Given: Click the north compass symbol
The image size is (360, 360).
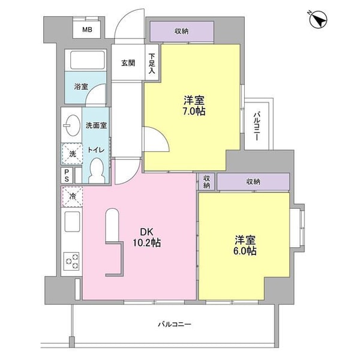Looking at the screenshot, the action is click(318, 20).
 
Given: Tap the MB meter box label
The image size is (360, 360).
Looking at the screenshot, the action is click(87, 29).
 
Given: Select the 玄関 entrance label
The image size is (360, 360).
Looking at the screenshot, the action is click(128, 62).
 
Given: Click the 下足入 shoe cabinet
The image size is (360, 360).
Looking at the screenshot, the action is click(152, 62).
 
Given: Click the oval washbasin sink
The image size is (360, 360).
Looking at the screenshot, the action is click(73, 125).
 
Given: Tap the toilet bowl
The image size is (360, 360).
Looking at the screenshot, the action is click(97, 170).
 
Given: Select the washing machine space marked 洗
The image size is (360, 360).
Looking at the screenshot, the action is click(73, 154).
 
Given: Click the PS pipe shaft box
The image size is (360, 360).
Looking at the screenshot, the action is click(67, 175).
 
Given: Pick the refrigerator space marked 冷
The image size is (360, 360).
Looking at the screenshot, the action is click(72, 197).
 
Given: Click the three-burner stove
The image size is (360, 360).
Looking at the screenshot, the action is click(71, 261).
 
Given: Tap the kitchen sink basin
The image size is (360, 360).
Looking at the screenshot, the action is click(72, 221).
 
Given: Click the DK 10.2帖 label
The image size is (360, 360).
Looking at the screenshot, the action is click(147, 238).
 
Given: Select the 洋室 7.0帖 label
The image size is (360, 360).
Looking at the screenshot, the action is click(194, 106).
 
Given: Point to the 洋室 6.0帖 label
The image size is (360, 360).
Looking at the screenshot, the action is click(245, 245).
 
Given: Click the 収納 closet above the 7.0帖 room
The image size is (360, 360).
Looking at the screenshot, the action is click(182, 31).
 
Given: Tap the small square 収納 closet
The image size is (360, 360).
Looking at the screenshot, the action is click(206, 182).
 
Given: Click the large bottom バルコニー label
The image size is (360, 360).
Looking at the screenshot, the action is click(175, 325).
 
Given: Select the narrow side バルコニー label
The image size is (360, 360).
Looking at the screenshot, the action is click(257, 126).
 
